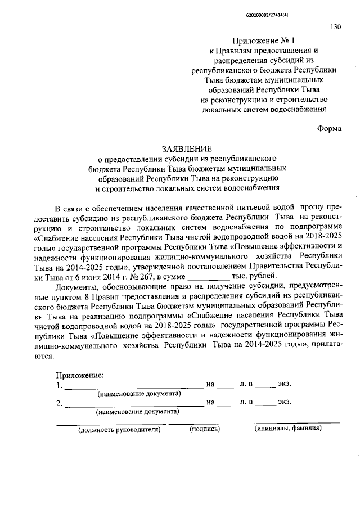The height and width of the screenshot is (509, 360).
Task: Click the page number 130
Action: click(x=335, y=26)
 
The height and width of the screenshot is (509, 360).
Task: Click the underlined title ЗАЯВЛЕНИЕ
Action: click(x=187, y=149)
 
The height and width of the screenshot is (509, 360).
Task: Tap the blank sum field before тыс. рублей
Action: click(x=208, y=276)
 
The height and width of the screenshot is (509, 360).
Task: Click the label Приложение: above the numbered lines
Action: click(x=79, y=375)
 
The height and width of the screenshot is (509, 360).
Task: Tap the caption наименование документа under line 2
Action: click(x=138, y=411)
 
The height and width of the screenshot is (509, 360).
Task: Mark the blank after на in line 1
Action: click(x=227, y=386)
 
